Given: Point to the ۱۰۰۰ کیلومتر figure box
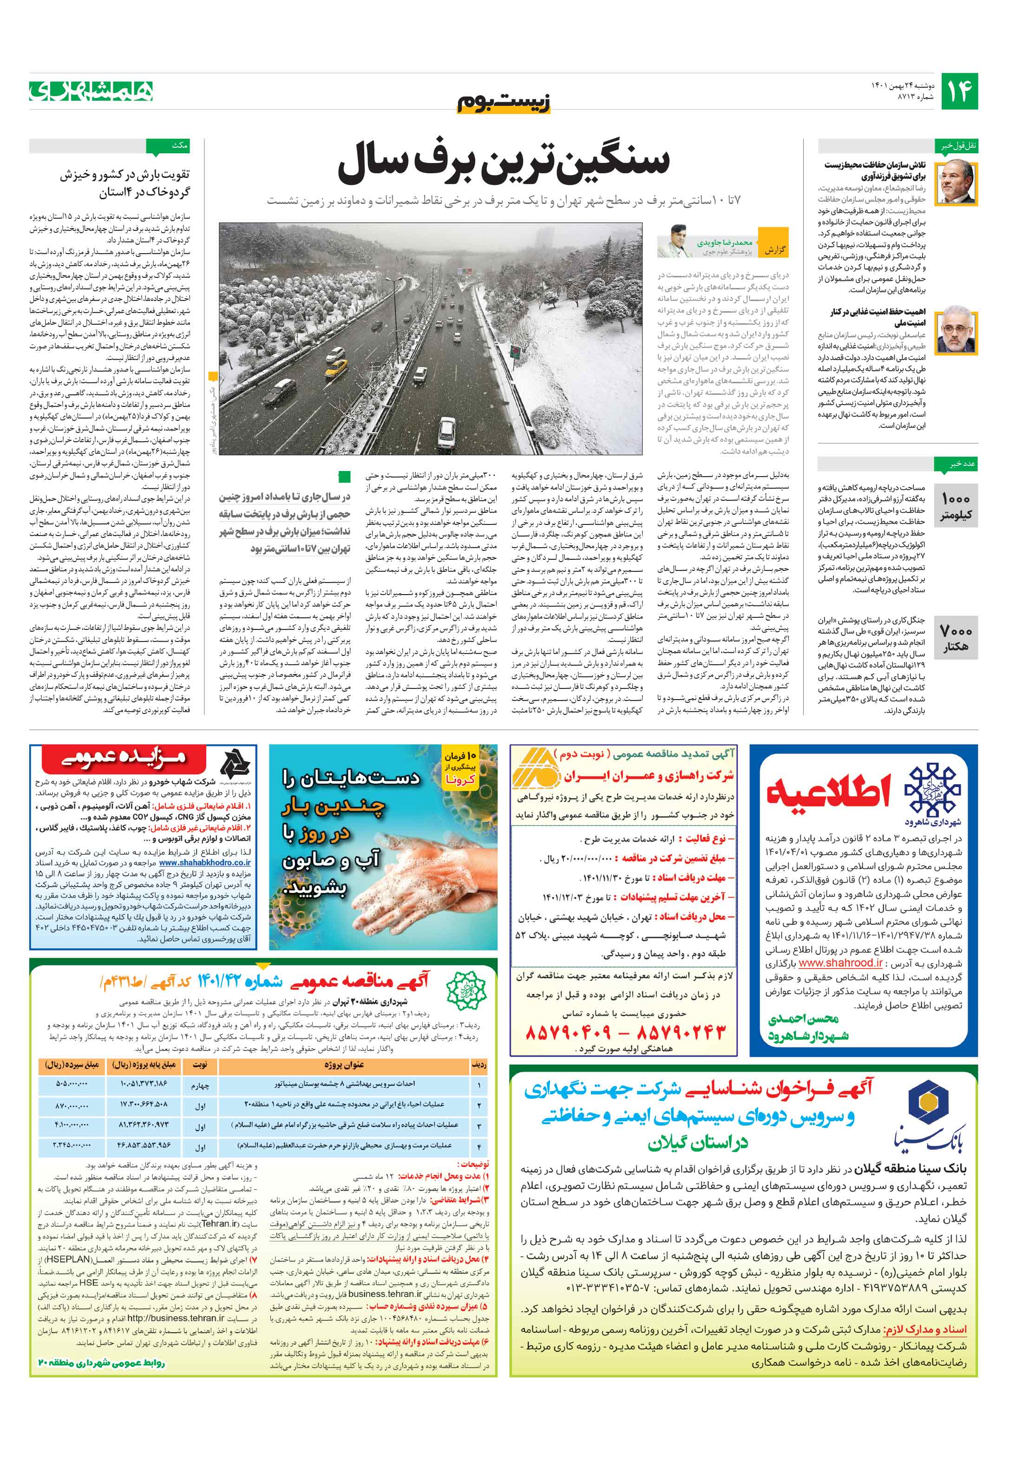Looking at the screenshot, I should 956,506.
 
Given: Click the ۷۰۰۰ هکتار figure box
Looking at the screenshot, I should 956,638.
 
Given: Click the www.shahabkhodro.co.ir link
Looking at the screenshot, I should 205,863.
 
